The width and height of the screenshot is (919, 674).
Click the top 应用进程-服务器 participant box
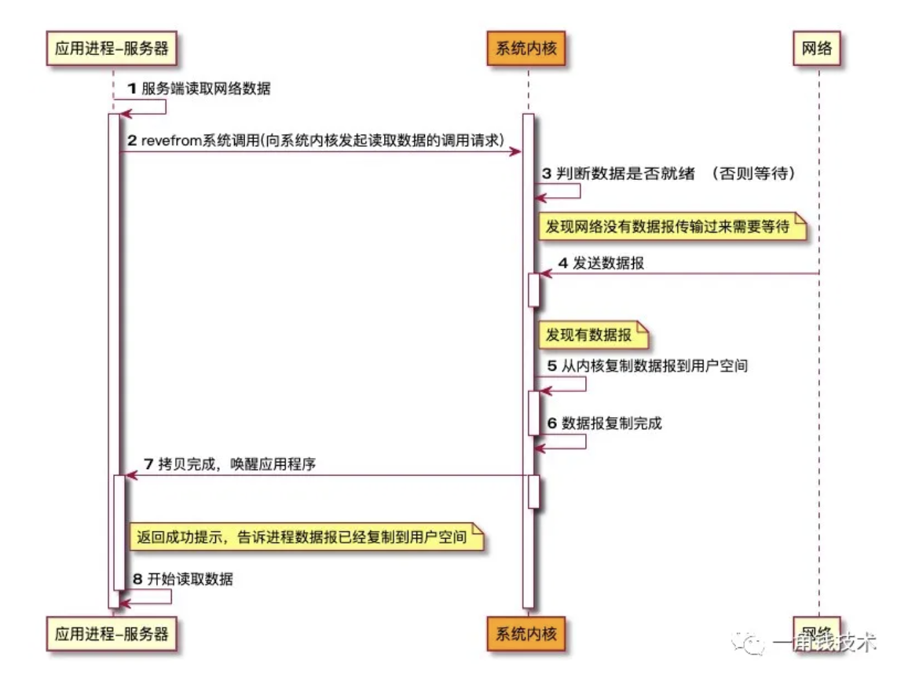coord(112,49)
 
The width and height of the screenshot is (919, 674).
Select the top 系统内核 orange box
coord(527,49)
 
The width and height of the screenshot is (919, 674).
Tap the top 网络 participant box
coord(817,49)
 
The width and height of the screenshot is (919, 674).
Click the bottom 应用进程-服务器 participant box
coord(112,633)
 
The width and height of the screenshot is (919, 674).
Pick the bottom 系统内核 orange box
coord(527,633)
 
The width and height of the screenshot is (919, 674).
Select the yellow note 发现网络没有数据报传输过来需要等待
coord(673,226)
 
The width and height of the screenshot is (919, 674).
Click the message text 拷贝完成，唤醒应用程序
coord(236,464)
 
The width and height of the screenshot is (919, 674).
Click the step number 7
coord(148,464)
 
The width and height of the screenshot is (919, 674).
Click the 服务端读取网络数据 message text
coord(206,89)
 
